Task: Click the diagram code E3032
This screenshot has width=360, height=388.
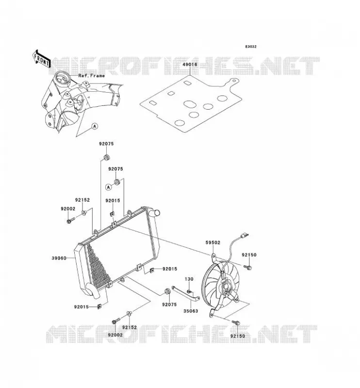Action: coord(251,47)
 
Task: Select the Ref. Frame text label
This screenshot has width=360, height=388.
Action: coord(91,76)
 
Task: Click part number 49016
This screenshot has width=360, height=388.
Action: coord(190,65)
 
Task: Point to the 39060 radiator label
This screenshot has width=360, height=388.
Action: coord(59,258)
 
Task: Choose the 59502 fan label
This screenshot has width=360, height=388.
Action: coord(213,243)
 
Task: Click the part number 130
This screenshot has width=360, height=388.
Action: coord(189,279)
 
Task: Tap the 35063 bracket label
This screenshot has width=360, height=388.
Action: coord(191,311)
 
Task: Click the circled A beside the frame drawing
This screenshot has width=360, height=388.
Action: coord(95,126)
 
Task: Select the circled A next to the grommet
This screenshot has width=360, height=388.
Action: coord(109,187)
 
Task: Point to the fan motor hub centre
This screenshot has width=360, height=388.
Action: coord(226,287)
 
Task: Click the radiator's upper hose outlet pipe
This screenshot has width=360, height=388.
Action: coord(155,212)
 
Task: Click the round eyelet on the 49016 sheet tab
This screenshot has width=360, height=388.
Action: coord(234,81)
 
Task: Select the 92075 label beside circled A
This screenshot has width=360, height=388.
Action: coord(115,169)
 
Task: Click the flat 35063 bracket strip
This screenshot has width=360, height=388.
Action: coord(186,293)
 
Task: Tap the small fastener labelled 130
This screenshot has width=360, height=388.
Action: coord(189,291)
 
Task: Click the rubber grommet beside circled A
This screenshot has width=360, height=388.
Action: coord(117,182)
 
